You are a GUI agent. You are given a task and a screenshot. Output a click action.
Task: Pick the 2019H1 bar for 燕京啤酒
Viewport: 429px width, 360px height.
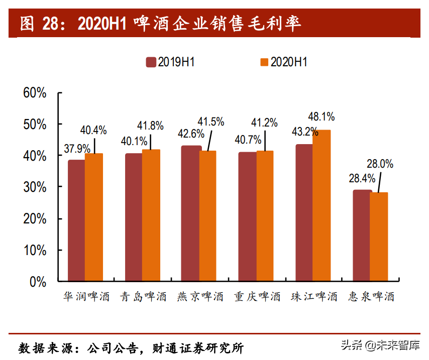(191, 213)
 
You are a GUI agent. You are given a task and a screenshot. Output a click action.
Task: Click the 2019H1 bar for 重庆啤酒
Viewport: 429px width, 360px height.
(247, 216)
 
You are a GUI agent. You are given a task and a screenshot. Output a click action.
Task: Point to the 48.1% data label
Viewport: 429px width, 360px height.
(321, 117)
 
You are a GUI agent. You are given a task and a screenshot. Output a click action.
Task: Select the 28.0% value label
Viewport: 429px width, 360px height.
(380, 164)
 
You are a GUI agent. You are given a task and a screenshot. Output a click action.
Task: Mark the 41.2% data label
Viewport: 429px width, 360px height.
(264, 122)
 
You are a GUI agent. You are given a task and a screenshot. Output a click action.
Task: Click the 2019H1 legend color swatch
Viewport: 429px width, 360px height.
(151, 62)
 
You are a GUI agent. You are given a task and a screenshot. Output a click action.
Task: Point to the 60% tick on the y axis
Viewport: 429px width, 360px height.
(35, 93)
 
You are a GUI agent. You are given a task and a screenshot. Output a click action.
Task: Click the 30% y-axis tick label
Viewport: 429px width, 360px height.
(35, 187)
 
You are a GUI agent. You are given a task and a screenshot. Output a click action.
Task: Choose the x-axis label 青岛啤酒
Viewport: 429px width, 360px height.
(143, 297)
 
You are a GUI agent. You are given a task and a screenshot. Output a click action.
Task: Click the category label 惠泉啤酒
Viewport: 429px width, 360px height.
(371, 297)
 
